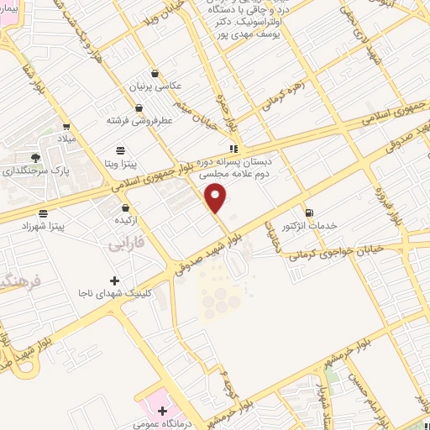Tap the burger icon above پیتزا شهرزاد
(43, 213)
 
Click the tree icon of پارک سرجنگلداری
(35, 157)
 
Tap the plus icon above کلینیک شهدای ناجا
(115, 280)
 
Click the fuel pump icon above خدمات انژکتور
(310, 212)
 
